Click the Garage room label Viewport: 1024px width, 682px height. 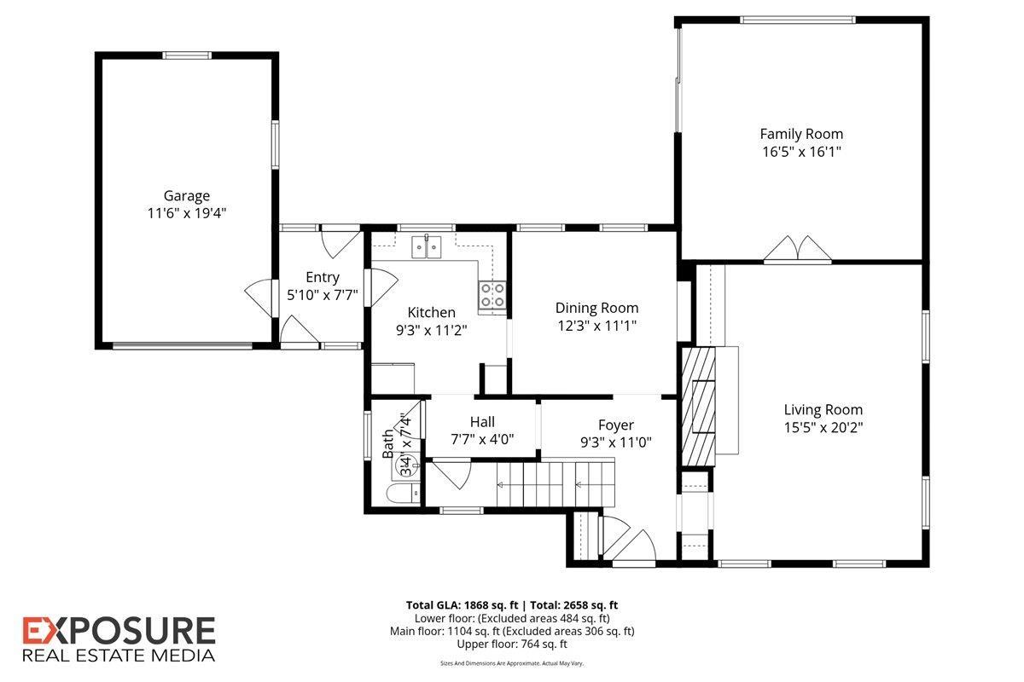(x=186, y=196)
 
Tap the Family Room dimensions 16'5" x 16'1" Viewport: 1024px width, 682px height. (x=801, y=152)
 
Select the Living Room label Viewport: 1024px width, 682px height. (x=823, y=409)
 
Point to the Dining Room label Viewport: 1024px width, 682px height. (x=596, y=308)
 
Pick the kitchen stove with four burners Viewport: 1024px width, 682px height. (x=492, y=295)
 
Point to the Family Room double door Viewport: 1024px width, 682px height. (x=797, y=250)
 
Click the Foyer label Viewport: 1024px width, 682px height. (x=615, y=425)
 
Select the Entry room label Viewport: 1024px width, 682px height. (x=323, y=277)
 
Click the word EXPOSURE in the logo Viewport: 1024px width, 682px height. (x=119, y=632)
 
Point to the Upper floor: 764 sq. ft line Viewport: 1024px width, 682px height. (x=512, y=644)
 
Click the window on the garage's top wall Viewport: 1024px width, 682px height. (x=187, y=56)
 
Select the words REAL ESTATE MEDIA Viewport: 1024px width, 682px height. (x=119, y=656)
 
